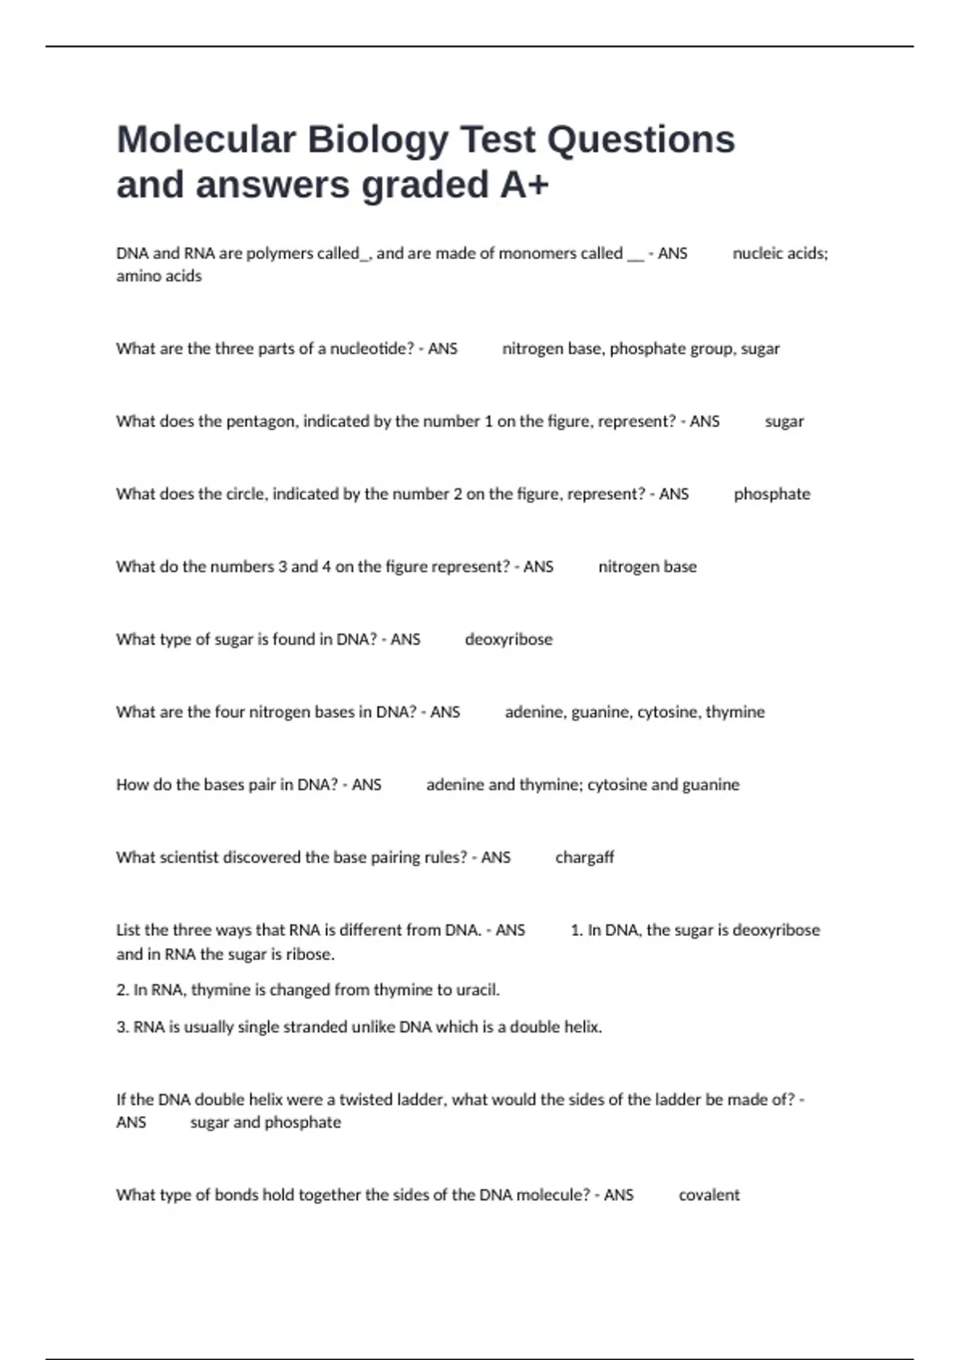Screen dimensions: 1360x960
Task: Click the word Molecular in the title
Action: tap(206, 139)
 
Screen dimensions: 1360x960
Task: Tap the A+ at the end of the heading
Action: tap(525, 185)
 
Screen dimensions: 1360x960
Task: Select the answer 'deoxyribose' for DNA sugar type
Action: tap(509, 639)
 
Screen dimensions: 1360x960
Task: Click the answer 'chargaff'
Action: tap(585, 858)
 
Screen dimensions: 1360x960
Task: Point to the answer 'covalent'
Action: tap(709, 1195)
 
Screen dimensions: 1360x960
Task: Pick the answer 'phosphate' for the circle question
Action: tap(772, 494)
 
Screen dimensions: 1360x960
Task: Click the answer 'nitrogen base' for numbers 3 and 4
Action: tap(647, 567)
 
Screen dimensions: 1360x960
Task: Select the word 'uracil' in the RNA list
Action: tap(478, 990)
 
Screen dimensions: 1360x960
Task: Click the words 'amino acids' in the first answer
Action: tap(159, 276)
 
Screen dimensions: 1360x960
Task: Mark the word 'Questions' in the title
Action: tap(641, 139)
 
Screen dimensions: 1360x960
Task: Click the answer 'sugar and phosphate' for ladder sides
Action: tap(266, 1122)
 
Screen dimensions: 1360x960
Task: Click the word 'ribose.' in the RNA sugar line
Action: tap(310, 954)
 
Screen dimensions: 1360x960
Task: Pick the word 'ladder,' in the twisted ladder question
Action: tap(421, 1100)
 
